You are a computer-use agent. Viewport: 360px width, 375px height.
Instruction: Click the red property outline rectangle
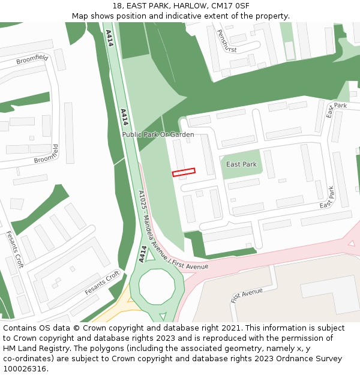[x=184, y=172]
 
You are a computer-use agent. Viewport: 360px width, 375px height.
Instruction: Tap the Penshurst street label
[x=227, y=41]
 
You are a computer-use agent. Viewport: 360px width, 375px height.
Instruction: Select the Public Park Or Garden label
[x=158, y=134]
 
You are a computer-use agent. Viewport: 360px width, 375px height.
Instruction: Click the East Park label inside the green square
[x=241, y=164]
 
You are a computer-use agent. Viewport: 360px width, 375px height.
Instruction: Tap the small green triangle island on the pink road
[x=351, y=244]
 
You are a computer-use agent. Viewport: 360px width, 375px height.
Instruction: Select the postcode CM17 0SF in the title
[x=232, y=6]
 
